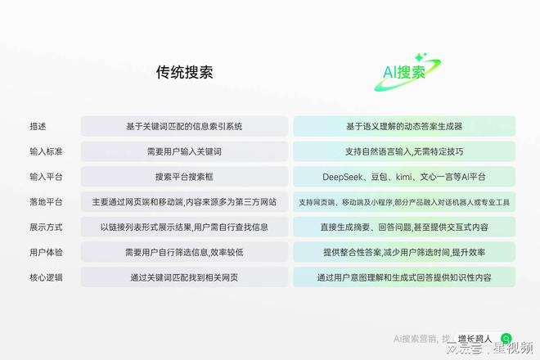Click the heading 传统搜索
coord(184,72)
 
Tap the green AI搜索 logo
coord(405,72)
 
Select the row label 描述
coord(38,126)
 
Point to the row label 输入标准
coord(43,151)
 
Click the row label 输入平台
coord(43,177)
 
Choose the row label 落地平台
coord(43,202)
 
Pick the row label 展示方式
coord(43,227)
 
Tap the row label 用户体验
coord(43,252)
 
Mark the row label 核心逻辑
coord(43,277)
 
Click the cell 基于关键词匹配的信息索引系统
coord(184,126)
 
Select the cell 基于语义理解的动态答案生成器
coord(404,126)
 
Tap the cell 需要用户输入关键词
coord(184,151)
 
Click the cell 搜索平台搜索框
coord(184,177)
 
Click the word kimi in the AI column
coord(406,177)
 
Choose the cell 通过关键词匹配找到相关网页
coord(184,277)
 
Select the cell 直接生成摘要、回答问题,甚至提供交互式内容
coord(404,227)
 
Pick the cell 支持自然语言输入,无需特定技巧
coord(404,151)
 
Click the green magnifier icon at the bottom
coord(506,337)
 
